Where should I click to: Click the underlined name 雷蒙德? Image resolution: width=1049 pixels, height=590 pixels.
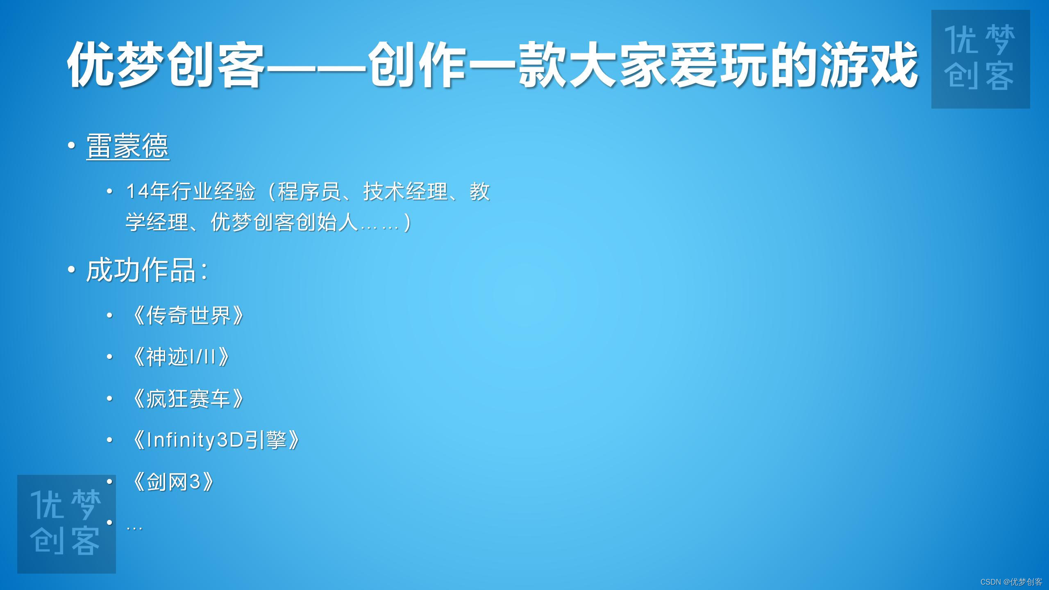tap(127, 146)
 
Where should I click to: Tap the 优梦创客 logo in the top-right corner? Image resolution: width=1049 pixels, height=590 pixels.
tap(980, 59)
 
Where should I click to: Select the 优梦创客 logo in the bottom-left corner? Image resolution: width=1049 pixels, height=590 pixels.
tap(66, 524)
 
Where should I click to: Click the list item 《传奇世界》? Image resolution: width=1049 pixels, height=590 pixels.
tap(187, 315)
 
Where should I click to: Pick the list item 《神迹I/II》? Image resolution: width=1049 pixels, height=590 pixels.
tap(180, 357)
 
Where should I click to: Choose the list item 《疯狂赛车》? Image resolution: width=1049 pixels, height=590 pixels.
tap(187, 398)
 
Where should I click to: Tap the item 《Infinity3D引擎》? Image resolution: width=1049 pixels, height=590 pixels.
tap(216, 440)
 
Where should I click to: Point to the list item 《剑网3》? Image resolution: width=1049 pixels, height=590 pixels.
tap(173, 482)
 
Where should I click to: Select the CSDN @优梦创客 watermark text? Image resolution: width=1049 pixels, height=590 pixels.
tap(1011, 582)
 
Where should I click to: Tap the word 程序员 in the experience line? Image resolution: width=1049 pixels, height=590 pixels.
tap(310, 191)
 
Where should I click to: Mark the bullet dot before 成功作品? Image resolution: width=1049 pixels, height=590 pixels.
tap(71, 270)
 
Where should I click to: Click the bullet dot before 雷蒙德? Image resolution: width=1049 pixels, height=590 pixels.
tap(71, 145)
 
